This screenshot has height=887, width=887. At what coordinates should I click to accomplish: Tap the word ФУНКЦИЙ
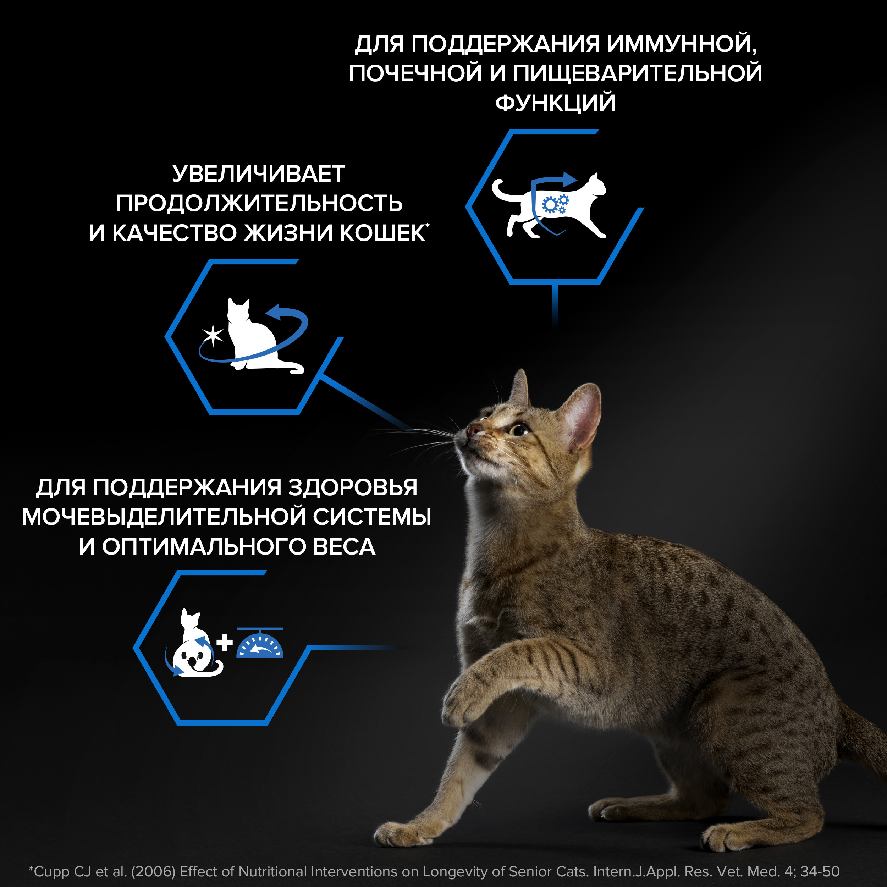click(x=555, y=103)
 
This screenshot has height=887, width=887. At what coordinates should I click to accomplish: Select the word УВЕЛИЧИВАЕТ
click(x=259, y=174)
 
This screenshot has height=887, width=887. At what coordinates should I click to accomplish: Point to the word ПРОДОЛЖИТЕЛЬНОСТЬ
click(x=259, y=203)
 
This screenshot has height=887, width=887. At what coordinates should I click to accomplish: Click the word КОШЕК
click(x=382, y=233)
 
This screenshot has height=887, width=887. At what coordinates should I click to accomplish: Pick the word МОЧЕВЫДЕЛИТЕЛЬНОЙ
click(x=164, y=517)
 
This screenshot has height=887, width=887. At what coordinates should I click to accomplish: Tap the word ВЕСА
click(x=344, y=547)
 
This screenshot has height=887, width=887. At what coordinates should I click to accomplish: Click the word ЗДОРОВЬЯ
click(x=353, y=487)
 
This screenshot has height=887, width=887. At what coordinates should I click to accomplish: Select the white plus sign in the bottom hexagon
click(x=225, y=642)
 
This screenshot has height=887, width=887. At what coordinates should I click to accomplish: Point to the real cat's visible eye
click(x=519, y=430)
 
